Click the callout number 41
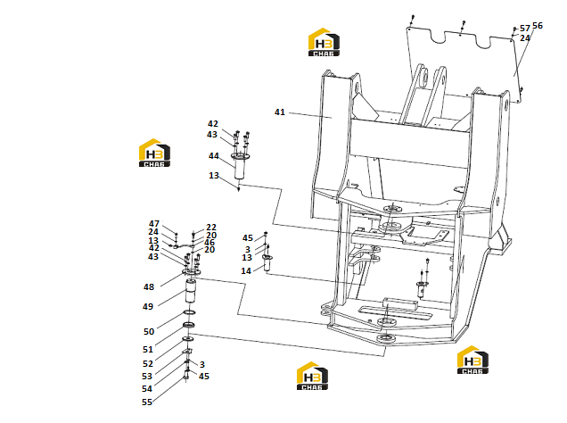click(280, 112)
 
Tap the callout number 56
click(538, 26)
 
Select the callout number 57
click(525, 29)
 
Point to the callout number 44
click(214, 156)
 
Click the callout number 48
click(149, 287)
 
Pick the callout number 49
click(148, 306)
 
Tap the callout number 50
click(149, 331)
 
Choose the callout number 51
click(148, 350)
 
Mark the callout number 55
click(147, 402)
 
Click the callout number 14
click(246, 271)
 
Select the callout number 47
click(154, 224)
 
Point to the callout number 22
click(211, 228)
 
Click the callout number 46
click(210, 243)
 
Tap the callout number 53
click(147, 377)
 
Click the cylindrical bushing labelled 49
click(191, 291)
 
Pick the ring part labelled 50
click(190, 312)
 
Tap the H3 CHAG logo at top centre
click(324, 42)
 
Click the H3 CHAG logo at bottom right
click(473, 360)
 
